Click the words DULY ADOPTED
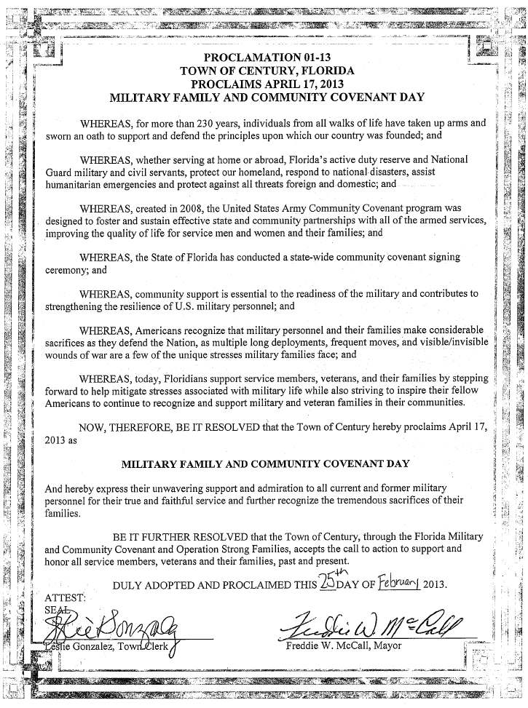pyautogui.click(x=154, y=586)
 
